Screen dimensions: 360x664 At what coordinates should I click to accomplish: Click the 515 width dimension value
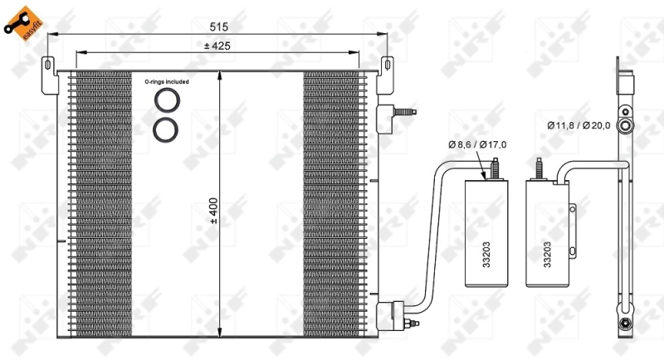[x=217, y=27]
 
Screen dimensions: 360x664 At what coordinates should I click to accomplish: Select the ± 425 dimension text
[x=217, y=46]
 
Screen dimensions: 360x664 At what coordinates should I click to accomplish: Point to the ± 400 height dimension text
[x=213, y=211]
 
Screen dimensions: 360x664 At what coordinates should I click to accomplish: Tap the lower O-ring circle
[x=165, y=129]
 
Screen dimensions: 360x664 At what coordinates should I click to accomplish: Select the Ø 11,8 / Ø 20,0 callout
[x=578, y=125]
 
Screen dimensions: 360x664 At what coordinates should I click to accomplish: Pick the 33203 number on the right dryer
[x=547, y=253]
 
